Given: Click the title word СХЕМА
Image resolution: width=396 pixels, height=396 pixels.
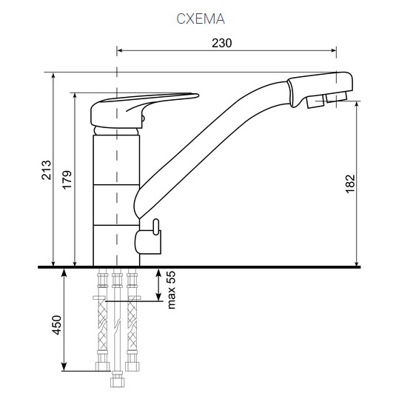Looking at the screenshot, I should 199,19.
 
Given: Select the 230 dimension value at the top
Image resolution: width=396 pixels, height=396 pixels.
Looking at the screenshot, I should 222,43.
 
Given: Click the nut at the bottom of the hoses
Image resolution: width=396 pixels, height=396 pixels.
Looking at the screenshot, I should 116,383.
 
